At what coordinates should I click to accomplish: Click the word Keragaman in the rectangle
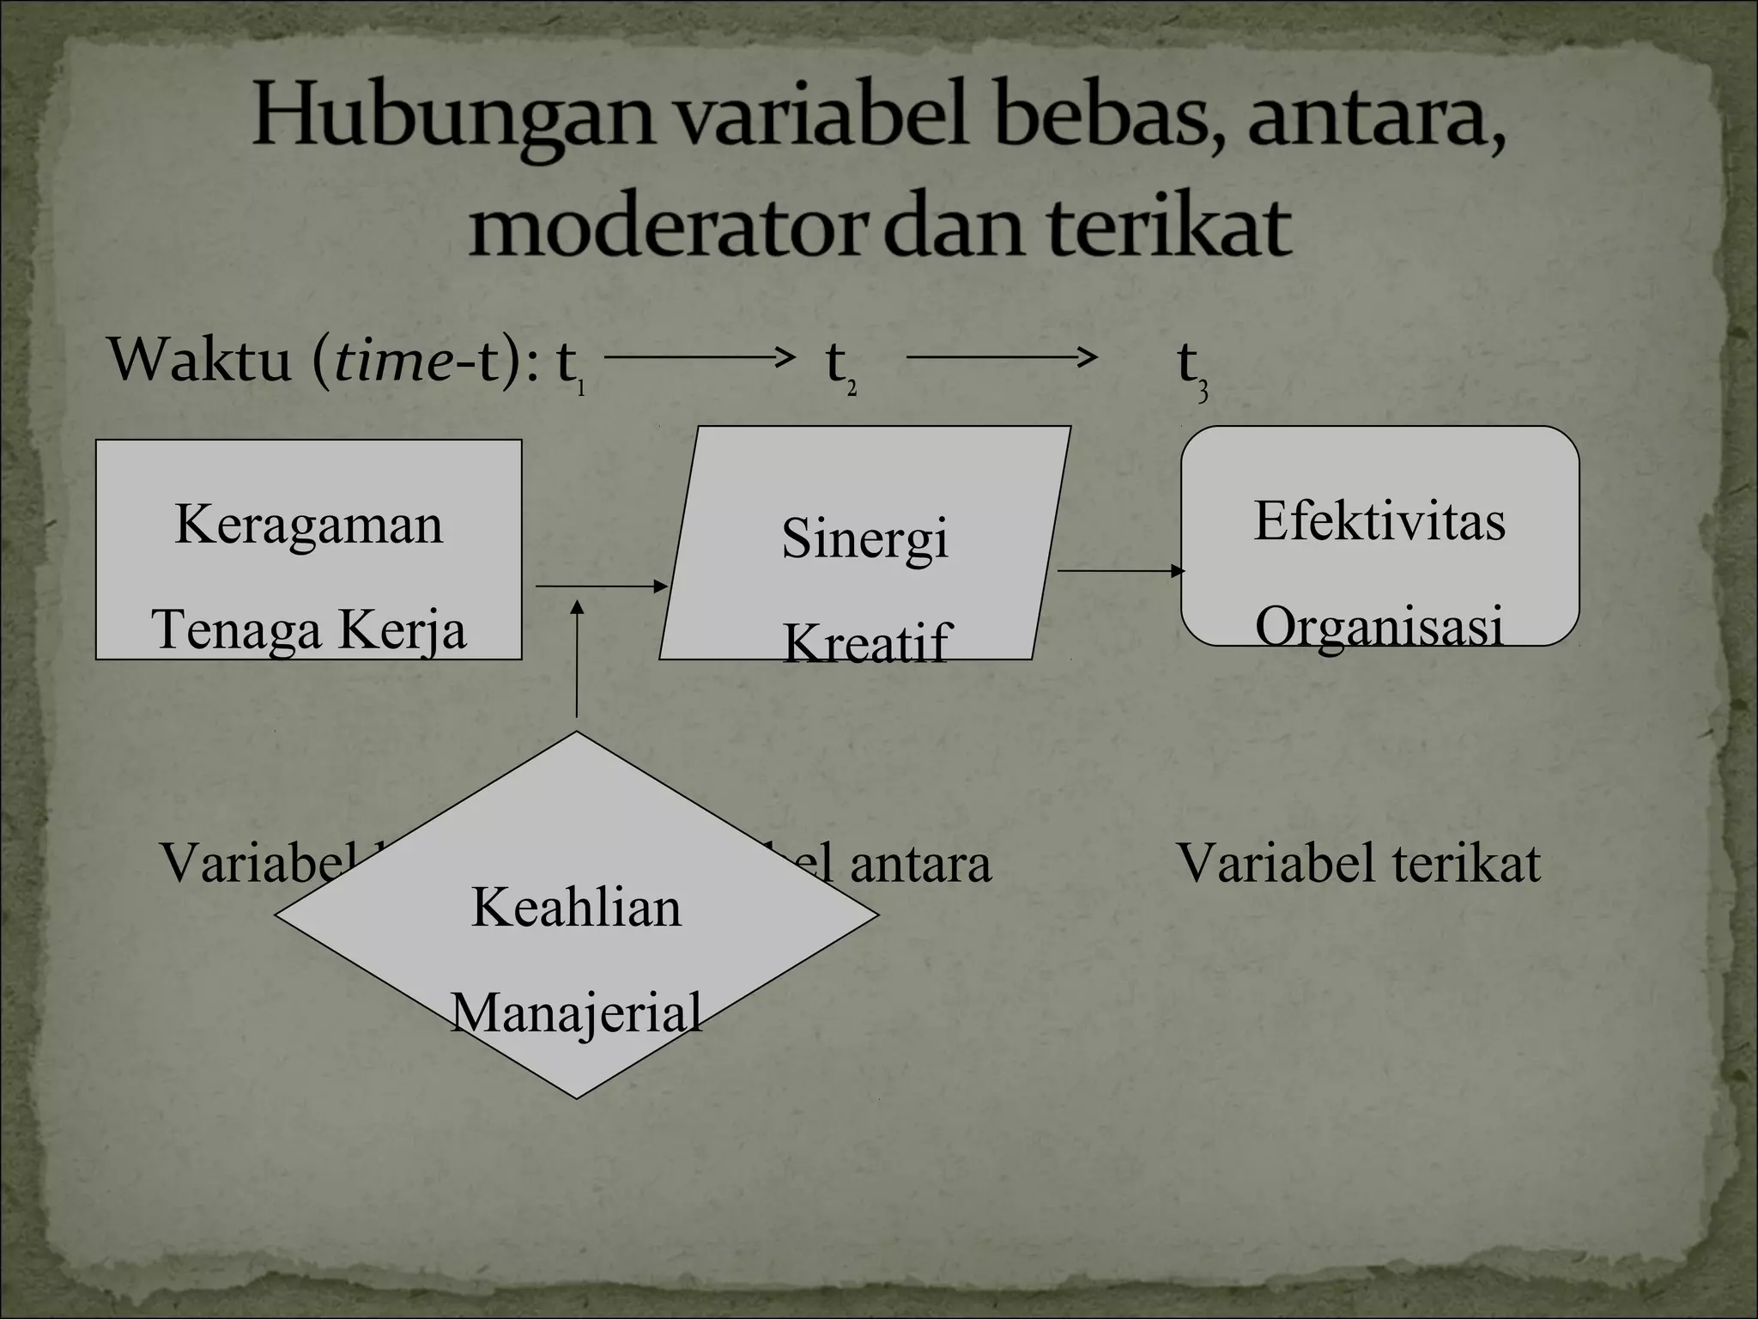308,525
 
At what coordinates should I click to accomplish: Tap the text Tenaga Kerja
308,629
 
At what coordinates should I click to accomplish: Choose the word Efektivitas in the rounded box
1379,521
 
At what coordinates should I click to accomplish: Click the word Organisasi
1379,626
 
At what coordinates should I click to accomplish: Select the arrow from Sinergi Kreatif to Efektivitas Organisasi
1120,570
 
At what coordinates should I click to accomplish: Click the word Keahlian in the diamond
576,907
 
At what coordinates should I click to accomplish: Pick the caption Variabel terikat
1357,863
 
